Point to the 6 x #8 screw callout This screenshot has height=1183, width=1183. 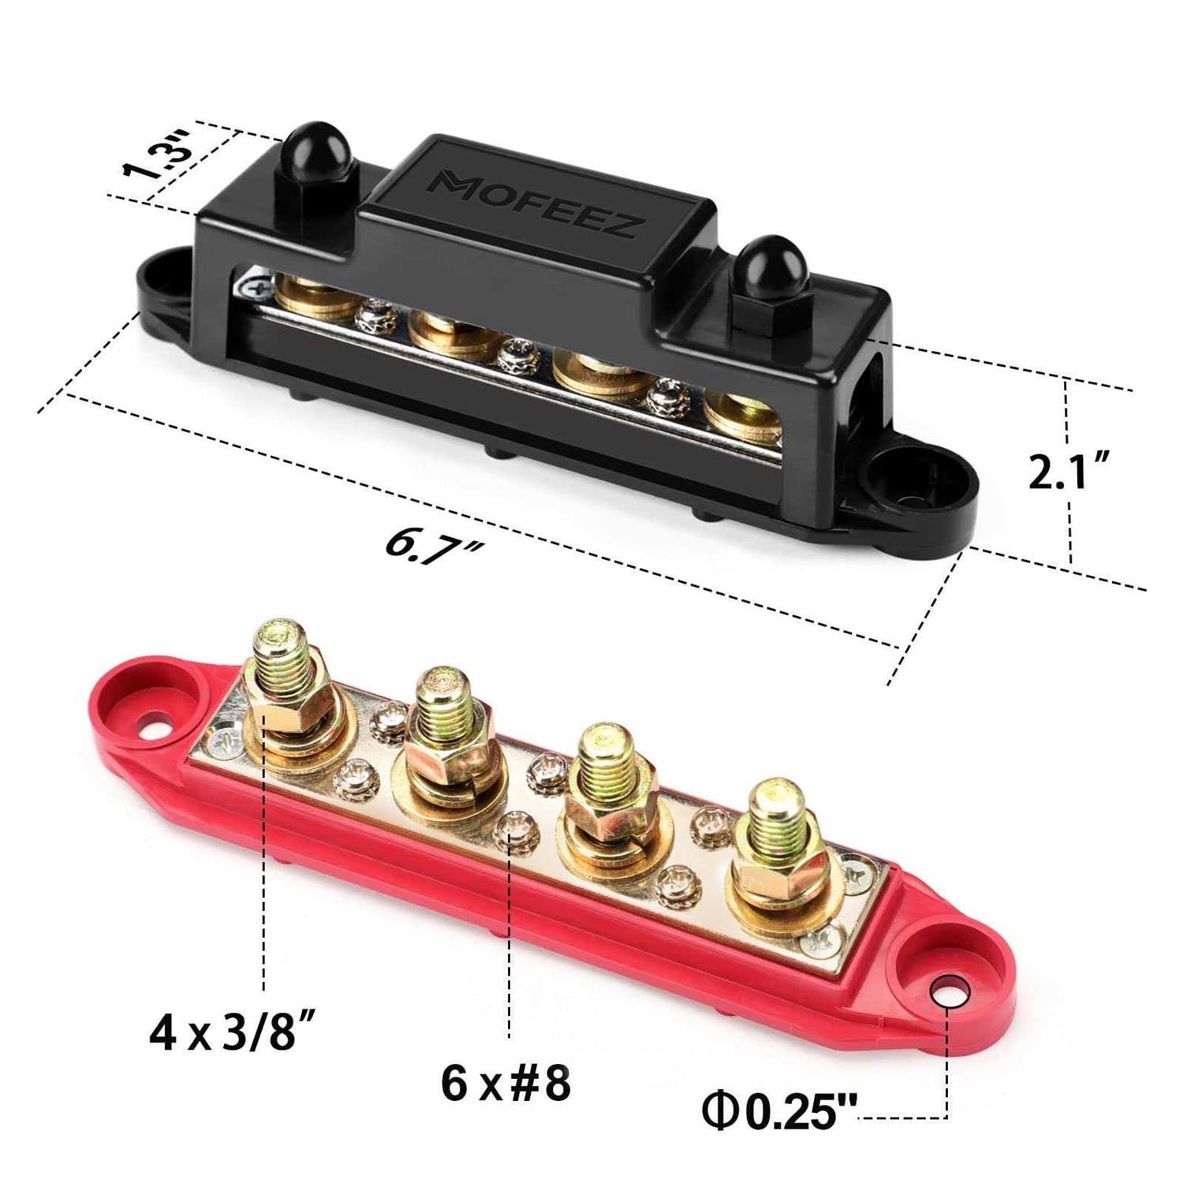(x=505, y=1084)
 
